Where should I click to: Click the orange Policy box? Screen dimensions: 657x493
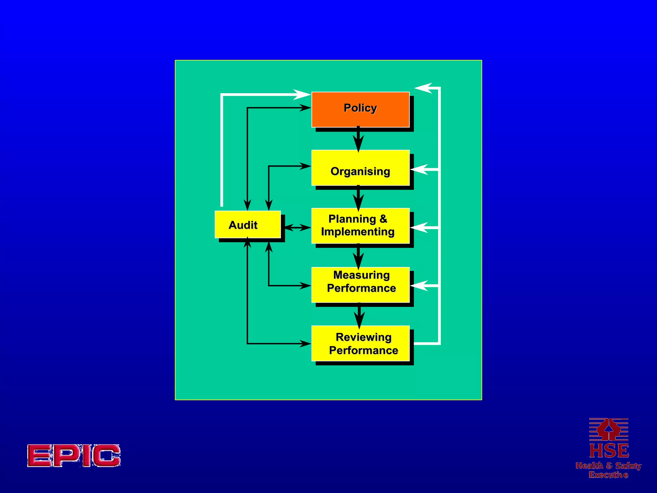[360, 109]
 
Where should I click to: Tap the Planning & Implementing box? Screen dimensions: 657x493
[360, 226]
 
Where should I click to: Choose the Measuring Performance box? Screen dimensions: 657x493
[360, 285]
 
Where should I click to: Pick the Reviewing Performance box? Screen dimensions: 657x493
[360, 343]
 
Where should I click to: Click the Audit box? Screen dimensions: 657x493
[248, 225]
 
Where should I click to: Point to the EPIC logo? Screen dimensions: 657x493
[74, 455]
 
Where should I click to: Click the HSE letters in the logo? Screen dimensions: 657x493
[609, 451]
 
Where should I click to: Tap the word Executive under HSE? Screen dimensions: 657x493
[609, 475]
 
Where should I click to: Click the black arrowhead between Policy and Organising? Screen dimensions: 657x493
[358, 143]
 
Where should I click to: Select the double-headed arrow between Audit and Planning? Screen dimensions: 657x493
[297, 228]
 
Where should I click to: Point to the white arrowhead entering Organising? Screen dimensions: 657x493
[420, 169]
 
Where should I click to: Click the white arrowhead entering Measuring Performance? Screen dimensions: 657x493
[420, 285]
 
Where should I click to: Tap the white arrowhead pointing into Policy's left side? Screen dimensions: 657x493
[302, 95]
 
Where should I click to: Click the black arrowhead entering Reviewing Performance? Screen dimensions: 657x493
[305, 344]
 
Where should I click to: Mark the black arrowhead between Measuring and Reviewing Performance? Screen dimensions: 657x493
[359, 319]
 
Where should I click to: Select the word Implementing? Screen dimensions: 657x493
[358, 232]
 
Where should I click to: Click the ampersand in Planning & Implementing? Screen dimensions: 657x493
[383, 219]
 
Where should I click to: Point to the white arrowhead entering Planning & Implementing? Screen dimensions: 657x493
[420, 227]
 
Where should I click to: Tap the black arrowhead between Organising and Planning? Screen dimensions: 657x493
[358, 202]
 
